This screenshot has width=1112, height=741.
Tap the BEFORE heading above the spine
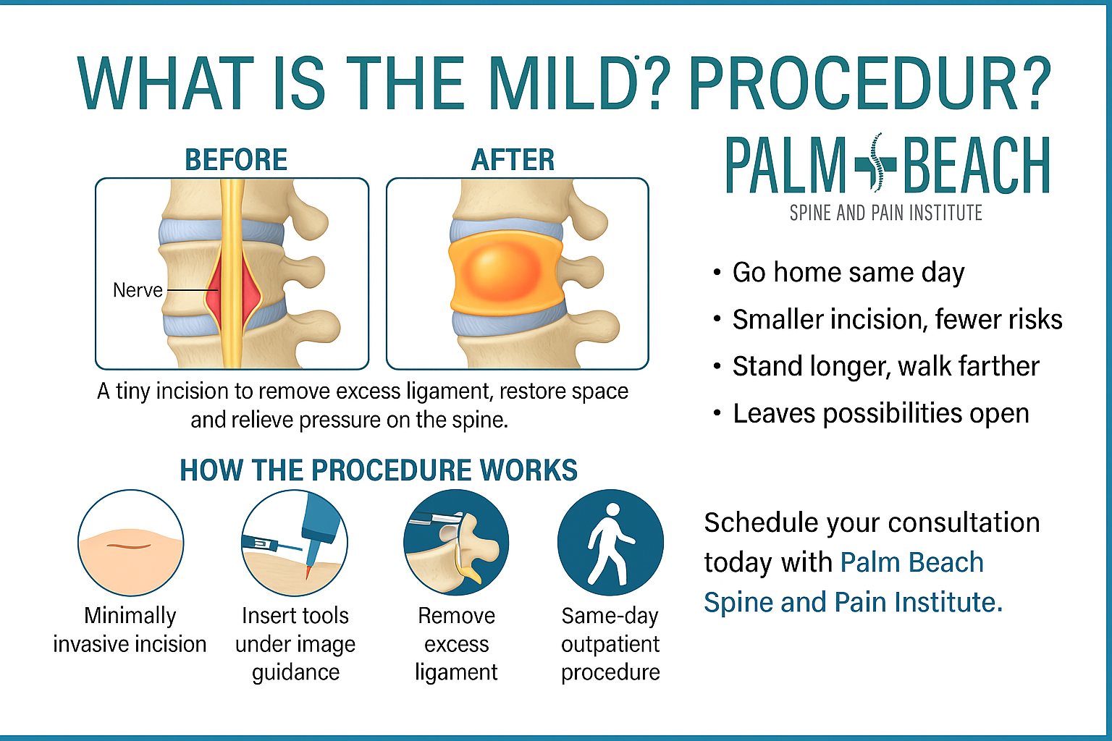[236, 160]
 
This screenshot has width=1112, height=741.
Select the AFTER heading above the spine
[513, 160]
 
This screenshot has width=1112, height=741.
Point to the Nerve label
[138, 290]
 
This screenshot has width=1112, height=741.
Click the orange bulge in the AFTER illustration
[505, 273]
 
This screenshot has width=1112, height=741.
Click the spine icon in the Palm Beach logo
[876, 162]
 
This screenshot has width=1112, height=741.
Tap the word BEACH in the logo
[977, 165]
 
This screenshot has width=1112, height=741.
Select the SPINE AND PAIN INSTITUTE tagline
[885, 213]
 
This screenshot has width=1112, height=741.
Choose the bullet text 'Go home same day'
[848, 273]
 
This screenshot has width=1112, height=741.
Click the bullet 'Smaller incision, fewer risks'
[897, 319]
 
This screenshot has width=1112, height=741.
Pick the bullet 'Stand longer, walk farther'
[885, 366]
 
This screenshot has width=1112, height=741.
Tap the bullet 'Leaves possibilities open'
[880, 413]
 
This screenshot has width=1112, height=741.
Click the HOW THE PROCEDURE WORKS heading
[379, 470]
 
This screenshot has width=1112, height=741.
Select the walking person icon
[610, 543]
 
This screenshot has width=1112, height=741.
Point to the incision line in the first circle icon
[129, 546]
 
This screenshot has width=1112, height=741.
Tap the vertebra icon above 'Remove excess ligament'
[456, 543]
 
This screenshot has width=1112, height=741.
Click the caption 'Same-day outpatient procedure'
[610, 644]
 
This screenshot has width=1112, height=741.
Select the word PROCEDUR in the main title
[851, 82]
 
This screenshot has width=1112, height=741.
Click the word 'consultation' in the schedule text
[964, 522]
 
